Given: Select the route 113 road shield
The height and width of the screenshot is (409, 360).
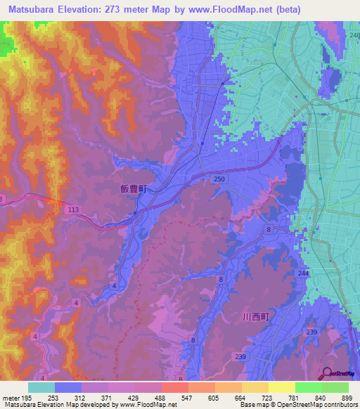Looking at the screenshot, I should click(72, 209).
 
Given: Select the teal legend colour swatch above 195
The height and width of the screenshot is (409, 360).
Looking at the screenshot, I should click(41, 387).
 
